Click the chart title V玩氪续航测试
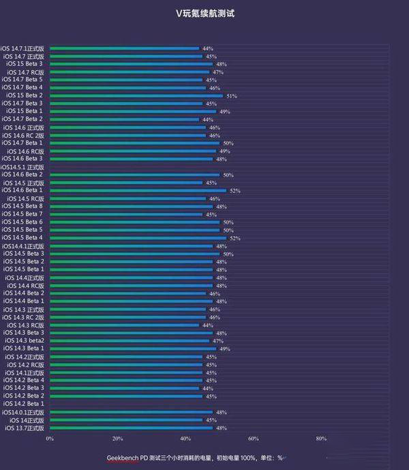pos(204,12)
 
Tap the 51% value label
pos(232,96)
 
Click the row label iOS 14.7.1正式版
pos(22,48)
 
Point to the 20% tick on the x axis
pos(117,439)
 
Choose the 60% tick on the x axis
pos(253,439)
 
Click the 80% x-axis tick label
pos(321,439)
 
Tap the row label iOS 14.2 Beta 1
pos(25,404)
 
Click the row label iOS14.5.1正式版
pos(22,167)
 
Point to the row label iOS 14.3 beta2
pos(25,340)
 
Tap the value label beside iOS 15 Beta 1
pos(225,111)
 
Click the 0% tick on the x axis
pos(50,439)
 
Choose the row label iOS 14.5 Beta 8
pos(25,206)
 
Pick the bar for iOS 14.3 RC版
pos(124,325)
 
